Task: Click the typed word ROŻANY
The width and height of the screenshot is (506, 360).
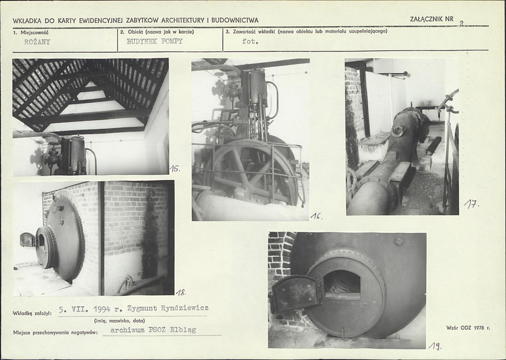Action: (x=37, y=42)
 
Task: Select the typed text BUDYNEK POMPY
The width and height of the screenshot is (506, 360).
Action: (x=155, y=41)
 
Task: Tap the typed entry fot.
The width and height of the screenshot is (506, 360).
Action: (x=250, y=41)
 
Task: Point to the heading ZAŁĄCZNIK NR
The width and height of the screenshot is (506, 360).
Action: (x=432, y=19)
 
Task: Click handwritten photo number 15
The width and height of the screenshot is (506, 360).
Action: (x=174, y=168)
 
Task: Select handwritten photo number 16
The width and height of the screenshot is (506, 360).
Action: (x=316, y=217)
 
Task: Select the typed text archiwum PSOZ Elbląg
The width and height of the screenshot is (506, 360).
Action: (x=153, y=330)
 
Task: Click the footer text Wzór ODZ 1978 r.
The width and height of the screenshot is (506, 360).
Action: (x=468, y=328)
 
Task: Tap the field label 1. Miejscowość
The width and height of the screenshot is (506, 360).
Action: (x=31, y=32)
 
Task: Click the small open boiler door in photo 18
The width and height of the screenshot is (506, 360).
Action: (x=28, y=239)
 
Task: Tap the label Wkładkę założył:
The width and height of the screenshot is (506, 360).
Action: (x=32, y=313)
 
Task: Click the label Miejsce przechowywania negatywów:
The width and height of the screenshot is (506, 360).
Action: (x=55, y=333)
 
